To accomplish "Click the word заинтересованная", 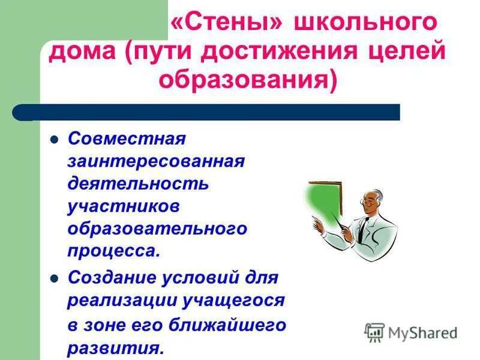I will (157, 161).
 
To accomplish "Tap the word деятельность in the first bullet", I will (138, 183).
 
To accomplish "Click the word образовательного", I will (157, 228).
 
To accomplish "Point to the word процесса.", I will (114, 250).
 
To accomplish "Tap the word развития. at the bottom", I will (115, 348).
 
